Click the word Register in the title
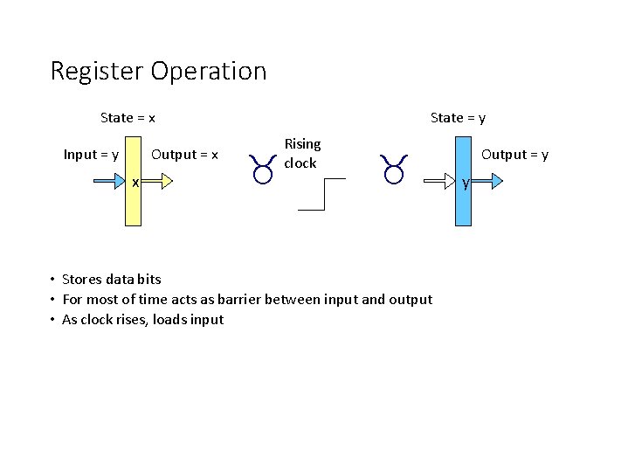pos(97,71)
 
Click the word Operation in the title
pos(209,71)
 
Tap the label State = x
pos(128,117)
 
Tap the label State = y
pos(458,117)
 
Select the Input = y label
pos(91,155)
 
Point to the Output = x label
pos(184,155)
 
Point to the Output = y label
pos(515,155)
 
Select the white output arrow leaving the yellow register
pos(158,182)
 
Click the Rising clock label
pos(301,153)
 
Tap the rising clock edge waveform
pos(322,194)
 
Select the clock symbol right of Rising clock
pos(394,170)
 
